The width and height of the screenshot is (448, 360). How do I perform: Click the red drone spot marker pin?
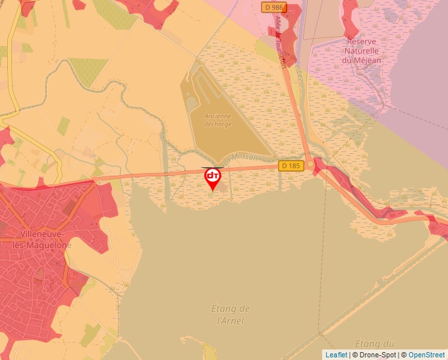[x=212, y=178]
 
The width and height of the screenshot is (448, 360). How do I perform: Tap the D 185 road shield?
[x=291, y=165]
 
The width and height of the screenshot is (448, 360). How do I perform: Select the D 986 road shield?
[x=274, y=7]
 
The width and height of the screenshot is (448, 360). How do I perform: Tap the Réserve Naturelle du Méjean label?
[x=360, y=51]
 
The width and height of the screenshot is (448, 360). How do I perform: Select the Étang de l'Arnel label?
[x=230, y=315]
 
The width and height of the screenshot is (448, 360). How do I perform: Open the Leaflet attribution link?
[x=336, y=355]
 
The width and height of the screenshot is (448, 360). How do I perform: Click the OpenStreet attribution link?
[x=426, y=355]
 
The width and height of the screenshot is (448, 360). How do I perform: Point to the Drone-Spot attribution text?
[x=376, y=355]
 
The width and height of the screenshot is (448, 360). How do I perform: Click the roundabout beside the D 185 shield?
[x=310, y=165]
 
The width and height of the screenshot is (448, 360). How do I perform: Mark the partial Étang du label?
[x=374, y=344]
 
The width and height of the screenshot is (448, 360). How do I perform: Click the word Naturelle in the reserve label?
[x=360, y=51]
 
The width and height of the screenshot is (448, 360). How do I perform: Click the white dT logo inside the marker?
[x=212, y=176]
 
